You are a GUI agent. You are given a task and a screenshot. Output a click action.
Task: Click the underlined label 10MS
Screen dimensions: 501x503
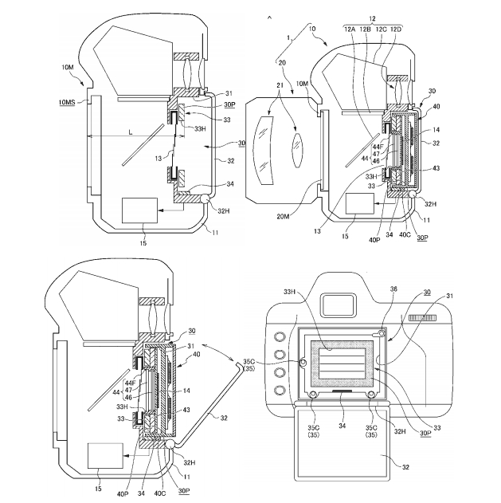click(x=67, y=102)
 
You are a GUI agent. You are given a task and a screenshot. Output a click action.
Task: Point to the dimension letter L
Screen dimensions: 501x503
click(x=131, y=132)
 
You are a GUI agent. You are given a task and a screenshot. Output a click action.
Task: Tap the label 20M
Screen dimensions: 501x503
click(x=283, y=217)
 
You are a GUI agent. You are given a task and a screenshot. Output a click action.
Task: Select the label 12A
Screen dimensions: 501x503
click(x=350, y=29)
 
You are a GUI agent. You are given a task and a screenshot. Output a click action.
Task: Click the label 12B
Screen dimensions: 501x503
click(x=365, y=29)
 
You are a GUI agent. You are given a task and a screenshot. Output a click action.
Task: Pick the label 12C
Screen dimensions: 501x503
click(x=381, y=29)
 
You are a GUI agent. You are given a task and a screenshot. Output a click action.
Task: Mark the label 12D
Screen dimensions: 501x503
click(x=396, y=29)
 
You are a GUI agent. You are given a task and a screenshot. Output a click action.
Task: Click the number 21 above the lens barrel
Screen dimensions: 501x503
click(x=280, y=85)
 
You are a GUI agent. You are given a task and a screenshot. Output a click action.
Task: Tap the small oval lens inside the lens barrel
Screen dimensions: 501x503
click(x=297, y=150)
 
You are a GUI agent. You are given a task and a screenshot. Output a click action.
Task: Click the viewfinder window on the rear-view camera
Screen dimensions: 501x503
click(x=339, y=305)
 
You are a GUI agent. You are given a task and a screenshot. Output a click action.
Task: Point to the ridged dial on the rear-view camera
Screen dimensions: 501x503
click(x=422, y=318)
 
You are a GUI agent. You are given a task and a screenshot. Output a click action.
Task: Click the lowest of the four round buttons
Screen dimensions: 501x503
click(x=280, y=390)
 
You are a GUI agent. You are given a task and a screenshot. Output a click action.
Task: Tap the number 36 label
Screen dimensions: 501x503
click(x=393, y=289)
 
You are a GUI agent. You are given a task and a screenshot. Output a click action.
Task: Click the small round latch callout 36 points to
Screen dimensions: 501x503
click(x=382, y=334)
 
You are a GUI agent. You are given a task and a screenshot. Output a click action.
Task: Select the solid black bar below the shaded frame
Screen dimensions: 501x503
click(x=342, y=391)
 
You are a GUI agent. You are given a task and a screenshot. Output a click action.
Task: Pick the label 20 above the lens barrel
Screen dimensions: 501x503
click(x=282, y=63)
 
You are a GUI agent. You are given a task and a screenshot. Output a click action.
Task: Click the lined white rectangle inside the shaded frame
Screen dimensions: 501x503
click(x=342, y=363)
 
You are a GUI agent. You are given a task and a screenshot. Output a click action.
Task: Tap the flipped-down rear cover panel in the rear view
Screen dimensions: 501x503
click(x=342, y=442)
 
